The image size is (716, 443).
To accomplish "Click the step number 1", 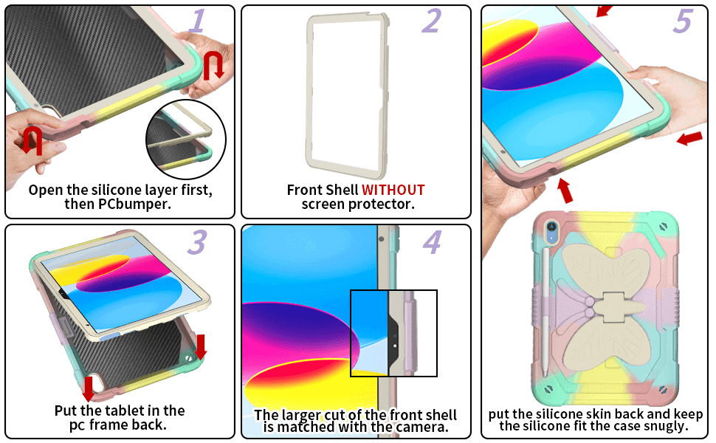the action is pos(198,21).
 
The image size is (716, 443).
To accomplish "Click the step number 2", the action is pos(431,21).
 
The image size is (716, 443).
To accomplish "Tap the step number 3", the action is pos(198,242).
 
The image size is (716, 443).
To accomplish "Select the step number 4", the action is pos(432,242).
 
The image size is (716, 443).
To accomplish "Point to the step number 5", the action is pos(684,21).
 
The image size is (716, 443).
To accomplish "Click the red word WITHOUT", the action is pos(393,190).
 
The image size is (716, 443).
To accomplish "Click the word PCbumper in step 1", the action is pos(134,204).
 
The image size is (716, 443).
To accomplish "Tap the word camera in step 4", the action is pos(422,427).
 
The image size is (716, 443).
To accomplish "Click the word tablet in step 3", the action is pos(143,410).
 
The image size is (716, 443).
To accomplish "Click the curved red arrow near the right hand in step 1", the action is pos(214,65).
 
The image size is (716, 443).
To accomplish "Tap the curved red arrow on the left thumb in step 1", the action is pos(32,141).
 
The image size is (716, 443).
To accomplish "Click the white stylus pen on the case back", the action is pos(545,312).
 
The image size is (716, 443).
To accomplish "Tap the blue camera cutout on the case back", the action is pos(551,230).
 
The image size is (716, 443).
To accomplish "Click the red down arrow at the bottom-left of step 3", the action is pos(89,388).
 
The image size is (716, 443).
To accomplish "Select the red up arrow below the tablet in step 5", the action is pos(565,190).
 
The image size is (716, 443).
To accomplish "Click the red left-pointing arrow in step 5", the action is pos(689,138).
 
